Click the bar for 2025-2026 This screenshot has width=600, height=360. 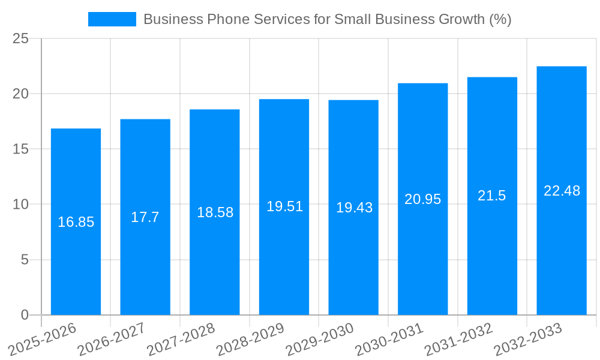(x=76, y=270)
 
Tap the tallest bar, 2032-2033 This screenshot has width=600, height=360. (x=562, y=252)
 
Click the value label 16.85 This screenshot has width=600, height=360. (x=76, y=222)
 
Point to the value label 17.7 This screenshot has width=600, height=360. (x=145, y=217)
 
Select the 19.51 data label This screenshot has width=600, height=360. (x=284, y=206)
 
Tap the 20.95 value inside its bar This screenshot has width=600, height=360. (x=422, y=199)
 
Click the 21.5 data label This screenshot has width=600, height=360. (x=492, y=196)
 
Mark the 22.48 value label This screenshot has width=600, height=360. (x=562, y=191)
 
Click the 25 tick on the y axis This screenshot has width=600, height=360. (x=20, y=39)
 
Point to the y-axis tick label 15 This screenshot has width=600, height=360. (x=20, y=149)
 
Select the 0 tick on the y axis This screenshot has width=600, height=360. (x=25, y=315)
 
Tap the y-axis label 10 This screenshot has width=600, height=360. (x=20, y=205)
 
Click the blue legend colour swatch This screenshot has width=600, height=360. (x=112, y=19)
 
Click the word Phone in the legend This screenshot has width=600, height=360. (x=226, y=19)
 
